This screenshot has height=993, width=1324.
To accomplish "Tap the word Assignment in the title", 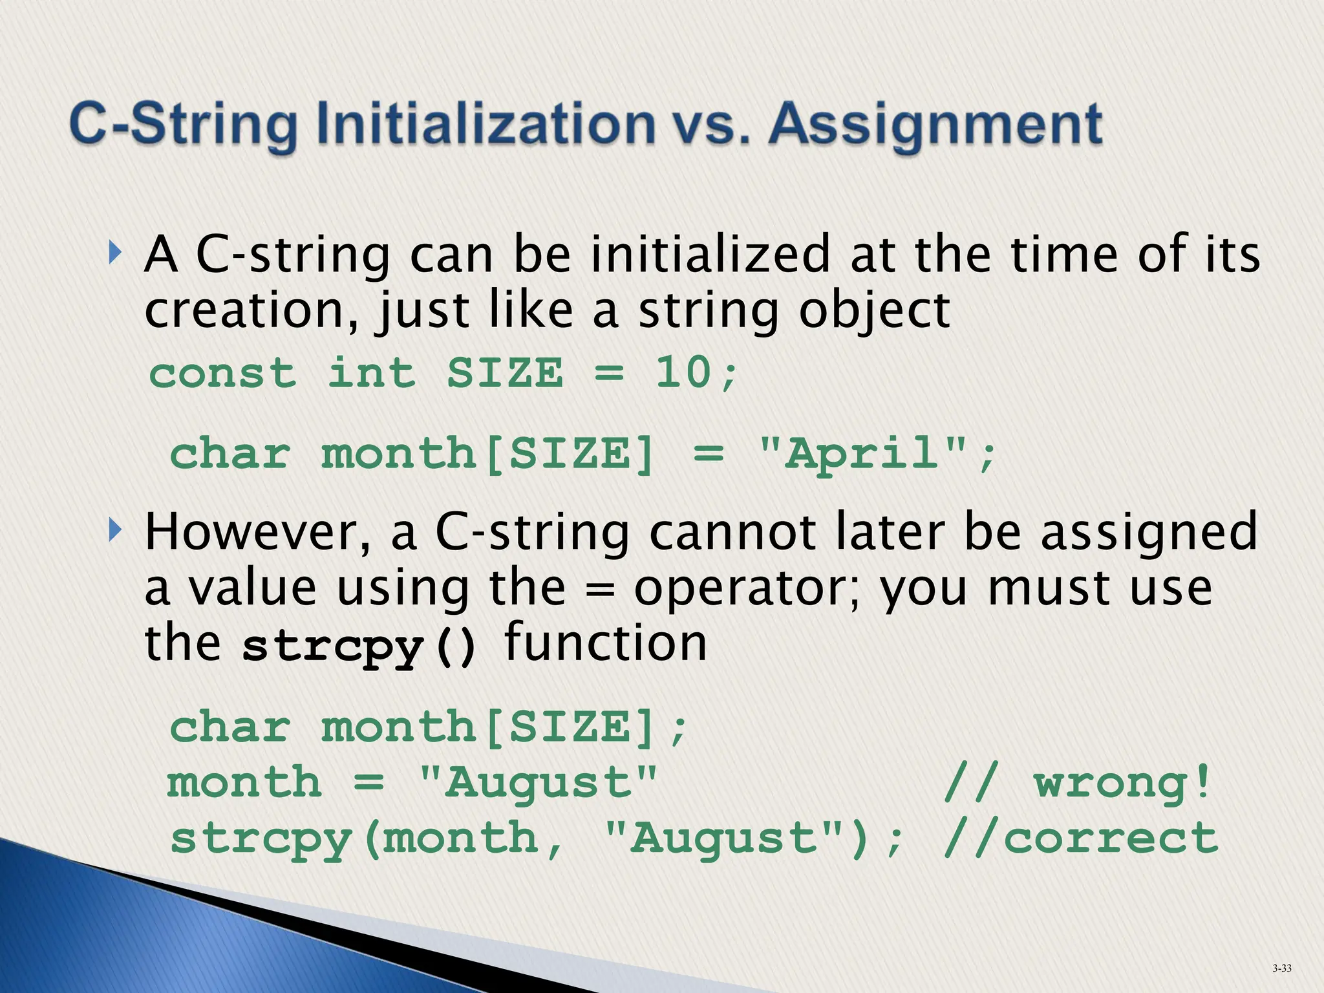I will coord(936,124).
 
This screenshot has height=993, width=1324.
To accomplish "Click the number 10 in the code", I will coord(684,373).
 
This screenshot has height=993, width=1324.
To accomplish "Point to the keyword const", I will coord(223,373).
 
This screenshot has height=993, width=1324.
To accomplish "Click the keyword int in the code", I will coord(372,373).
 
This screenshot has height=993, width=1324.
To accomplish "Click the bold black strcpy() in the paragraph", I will coord(360,646).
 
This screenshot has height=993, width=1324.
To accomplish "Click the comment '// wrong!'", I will coord(1076,783).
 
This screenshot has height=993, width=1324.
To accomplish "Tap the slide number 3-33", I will coord(1281,968).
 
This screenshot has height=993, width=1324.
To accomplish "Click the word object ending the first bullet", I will coord(874,312).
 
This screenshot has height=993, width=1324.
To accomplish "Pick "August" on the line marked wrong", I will coord(538,783).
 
